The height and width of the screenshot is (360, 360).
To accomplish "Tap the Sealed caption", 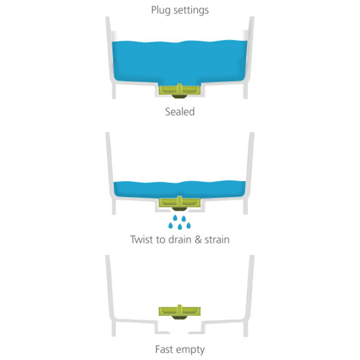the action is coord(180,112).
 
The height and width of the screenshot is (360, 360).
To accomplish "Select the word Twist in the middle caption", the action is coord(142,239).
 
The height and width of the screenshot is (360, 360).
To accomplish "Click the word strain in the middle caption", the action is coord(217,240).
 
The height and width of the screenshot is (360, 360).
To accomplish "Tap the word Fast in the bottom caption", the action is coord(165,350).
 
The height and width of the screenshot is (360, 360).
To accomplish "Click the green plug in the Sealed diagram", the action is coord(180,90).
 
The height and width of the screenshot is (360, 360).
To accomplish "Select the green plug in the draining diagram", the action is coord(180,202).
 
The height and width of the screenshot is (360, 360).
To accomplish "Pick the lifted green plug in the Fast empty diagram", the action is coord(180,310).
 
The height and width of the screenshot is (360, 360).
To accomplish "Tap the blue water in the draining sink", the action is coord(180,189).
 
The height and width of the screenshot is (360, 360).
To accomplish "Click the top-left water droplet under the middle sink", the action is coord(175,218).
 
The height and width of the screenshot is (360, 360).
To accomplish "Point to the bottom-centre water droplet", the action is coord(180,227).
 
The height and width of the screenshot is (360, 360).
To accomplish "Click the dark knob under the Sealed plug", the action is coord(180,96).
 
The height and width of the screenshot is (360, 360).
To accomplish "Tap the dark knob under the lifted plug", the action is coord(180,318).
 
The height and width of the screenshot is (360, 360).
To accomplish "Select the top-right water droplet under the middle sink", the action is coord(184,218).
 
